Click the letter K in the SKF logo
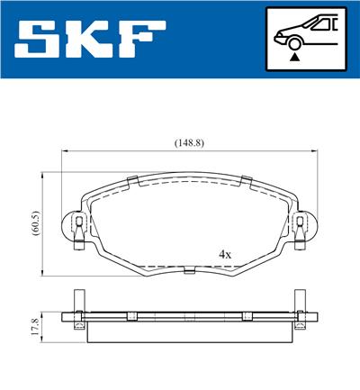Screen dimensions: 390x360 tap(93, 41)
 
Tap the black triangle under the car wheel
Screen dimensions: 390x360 tap(293, 56)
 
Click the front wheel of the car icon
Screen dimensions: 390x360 tap(293, 40)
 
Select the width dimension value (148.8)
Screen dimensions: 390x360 tap(187, 142)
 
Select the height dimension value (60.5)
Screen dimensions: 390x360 tap(33, 222)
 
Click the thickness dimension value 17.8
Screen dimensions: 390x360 tap(33, 326)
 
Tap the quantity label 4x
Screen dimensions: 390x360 tap(225, 255)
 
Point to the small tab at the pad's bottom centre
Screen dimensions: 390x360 tap(188, 269)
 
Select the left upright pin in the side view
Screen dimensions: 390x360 tap(78, 303)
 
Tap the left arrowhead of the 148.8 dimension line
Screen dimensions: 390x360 tap(63, 153)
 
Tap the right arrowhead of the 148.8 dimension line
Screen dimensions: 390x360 tap(313, 153)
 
